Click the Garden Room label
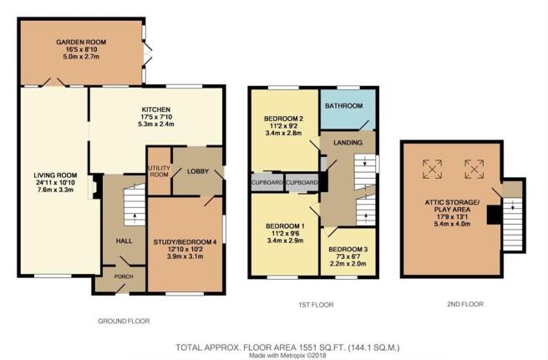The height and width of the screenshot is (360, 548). coord(81,42)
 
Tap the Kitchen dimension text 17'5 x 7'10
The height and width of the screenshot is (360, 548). coord(156,117)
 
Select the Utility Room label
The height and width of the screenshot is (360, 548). coord(159,171)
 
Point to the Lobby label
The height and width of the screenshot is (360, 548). coord(198,171)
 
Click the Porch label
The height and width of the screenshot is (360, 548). coord(124,276)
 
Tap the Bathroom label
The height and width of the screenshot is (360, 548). coord(344,105)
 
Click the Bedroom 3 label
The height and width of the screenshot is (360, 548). coord(348,249)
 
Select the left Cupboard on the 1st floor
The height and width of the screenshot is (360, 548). coord(267,182)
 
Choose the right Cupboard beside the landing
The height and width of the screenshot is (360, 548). coord(302,182)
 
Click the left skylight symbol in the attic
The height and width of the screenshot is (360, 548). coord(433,170)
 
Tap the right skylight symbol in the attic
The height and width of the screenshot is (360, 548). coord(474,170)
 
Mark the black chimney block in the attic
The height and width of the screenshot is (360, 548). coord(495,215)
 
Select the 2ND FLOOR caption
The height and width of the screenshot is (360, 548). coord(465,304)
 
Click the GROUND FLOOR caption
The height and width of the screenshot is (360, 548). coord(124,321)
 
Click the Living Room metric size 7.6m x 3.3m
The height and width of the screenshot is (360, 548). coord(55,190)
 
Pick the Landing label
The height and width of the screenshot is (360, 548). coord(348,142)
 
